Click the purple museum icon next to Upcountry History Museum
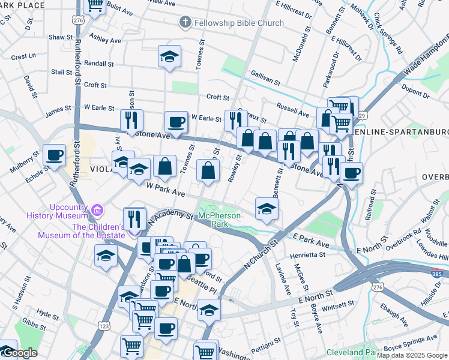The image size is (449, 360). (97, 211)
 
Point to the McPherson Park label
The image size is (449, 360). (220, 220)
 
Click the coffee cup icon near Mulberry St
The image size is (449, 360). (55, 155)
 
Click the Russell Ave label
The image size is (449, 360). (292, 110)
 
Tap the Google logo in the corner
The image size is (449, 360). (19, 353)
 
